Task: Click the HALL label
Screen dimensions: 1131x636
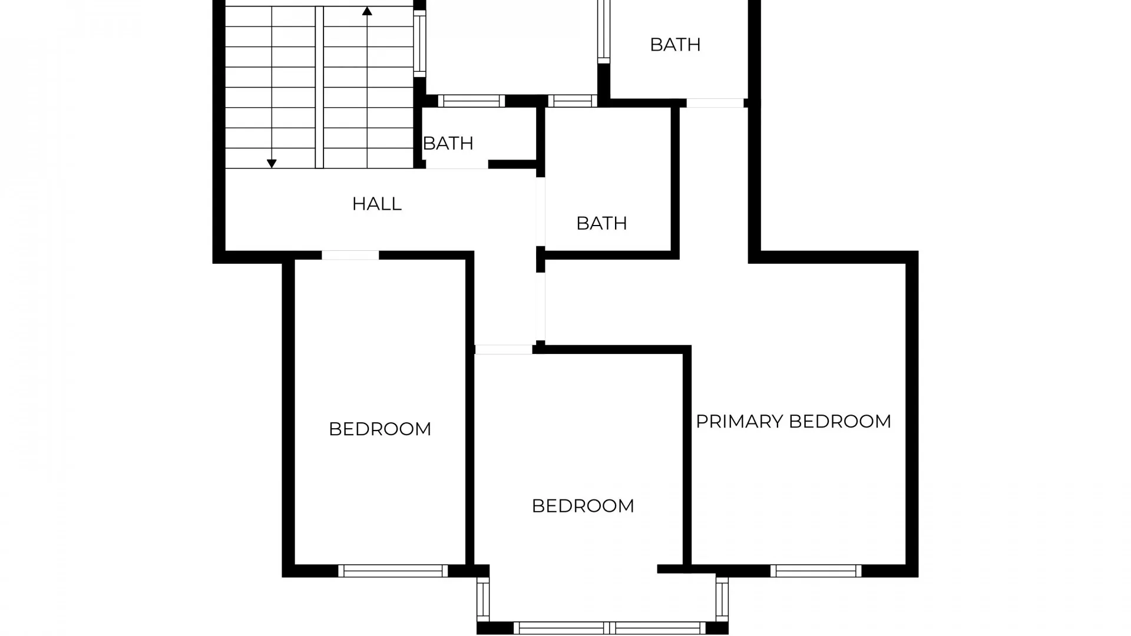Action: click(376, 204)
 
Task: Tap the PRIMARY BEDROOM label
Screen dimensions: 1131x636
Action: click(793, 422)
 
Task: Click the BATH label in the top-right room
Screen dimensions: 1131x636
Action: click(675, 45)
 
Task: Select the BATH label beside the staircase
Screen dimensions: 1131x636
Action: click(448, 143)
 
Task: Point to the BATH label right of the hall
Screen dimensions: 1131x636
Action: click(601, 223)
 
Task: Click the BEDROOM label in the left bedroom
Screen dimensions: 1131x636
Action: click(380, 429)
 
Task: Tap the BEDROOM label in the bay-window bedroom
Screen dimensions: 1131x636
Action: click(583, 506)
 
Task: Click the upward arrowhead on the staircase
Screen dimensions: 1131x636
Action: click(367, 11)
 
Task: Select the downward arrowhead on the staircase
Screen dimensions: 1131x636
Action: click(272, 164)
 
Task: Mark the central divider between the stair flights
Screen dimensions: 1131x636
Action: click(319, 87)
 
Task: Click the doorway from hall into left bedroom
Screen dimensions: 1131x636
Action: click(350, 255)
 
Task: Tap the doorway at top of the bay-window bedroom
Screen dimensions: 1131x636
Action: click(504, 350)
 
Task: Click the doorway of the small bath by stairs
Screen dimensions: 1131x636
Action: click(457, 165)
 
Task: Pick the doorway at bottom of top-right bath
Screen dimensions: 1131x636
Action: click(715, 103)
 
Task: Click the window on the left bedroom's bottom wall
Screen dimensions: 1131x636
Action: click(393, 571)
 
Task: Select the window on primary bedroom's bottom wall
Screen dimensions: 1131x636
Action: click(816, 571)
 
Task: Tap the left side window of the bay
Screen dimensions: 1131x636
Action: click(483, 599)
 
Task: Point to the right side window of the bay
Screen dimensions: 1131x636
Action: click(722, 599)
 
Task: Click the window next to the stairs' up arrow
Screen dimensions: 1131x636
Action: click(419, 43)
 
